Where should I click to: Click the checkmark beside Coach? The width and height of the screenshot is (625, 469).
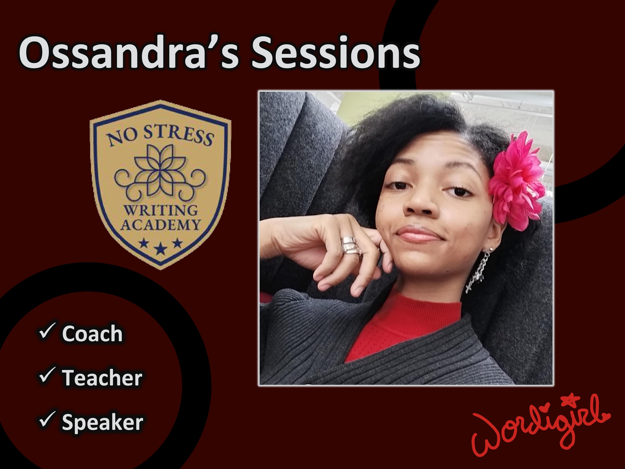point(47,331)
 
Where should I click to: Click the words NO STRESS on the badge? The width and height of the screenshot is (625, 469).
point(160,136)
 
